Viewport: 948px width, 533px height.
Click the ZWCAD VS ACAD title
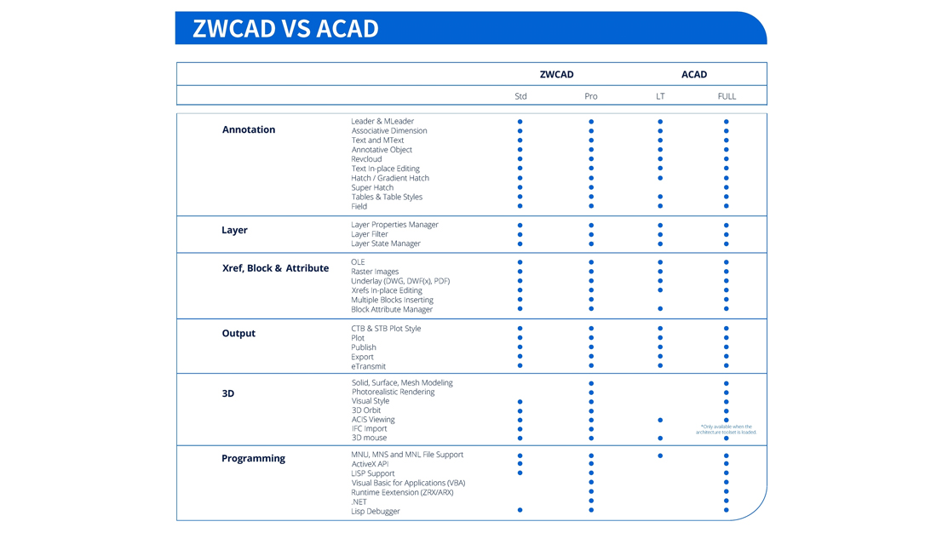pyautogui.click(x=285, y=28)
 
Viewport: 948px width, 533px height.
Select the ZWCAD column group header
pyautogui.click(x=556, y=75)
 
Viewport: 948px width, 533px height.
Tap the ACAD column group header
pyautogui.click(x=694, y=75)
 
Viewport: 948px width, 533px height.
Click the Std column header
pyautogui.click(x=520, y=96)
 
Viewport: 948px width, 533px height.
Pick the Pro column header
pyautogui.click(x=591, y=96)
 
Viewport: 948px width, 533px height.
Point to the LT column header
pyautogui.click(x=660, y=96)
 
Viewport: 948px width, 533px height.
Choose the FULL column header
pyautogui.click(x=727, y=96)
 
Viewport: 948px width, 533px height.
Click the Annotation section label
pyautogui.click(x=249, y=129)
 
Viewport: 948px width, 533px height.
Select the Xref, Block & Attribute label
pyautogui.click(x=275, y=268)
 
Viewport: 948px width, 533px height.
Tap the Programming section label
pyautogui.click(x=253, y=458)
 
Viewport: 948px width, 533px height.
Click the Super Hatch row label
pyautogui.click(x=372, y=187)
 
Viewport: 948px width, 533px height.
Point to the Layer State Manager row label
pyautogui.click(x=386, y=244)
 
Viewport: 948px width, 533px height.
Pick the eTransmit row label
pyautogui.click(x=368, y=366)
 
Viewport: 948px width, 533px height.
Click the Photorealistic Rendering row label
pyautogui.click(x=393, y=392)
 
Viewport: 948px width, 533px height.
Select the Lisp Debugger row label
pyautogui.click(x=375, y=511)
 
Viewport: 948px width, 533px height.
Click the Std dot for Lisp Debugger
pyautogui.click(x=520, y=510)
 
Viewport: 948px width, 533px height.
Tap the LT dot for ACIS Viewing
pyautogui.click(x=660, y=420)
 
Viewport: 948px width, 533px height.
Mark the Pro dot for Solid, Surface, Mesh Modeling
pyautogui.click(x=591, y=383)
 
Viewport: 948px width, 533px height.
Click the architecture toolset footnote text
pyautogui.click(x=726, y=429)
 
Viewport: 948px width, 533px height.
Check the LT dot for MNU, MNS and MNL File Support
pyautogui.click(x=660, y=456)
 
